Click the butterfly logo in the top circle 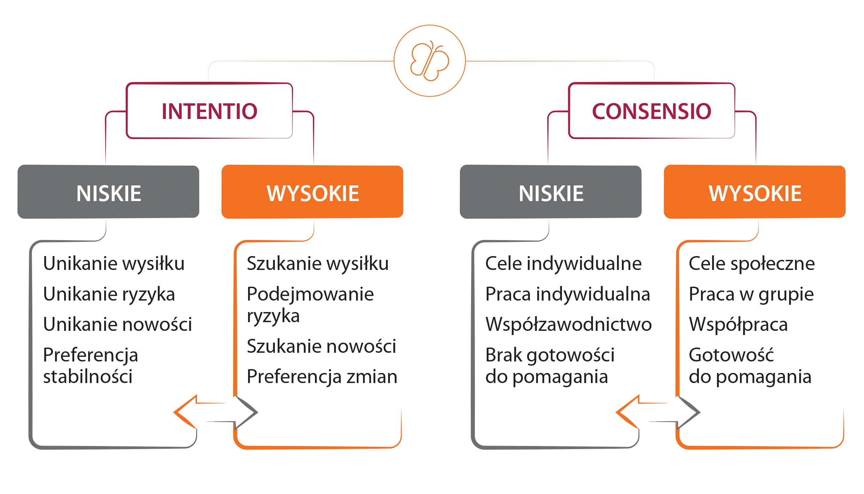[x=430, y=61]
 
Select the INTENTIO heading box [x=209, y=111]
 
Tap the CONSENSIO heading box [x=652, y=111]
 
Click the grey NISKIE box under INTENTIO [x=108, y=192]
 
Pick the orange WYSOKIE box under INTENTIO [x=313, y=192]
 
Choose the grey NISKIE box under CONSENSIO [x=551, y=192]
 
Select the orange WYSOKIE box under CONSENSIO [x=755, y=192]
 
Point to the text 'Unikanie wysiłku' [x=114, y=263]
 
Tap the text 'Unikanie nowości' [x=118, y=324]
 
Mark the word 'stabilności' [x=88, y=376]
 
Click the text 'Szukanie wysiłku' [x=318, y=263]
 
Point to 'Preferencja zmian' [x=322, y=376]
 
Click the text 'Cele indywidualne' [x=563, y=263]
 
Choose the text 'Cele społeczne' [x=752, y=264]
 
